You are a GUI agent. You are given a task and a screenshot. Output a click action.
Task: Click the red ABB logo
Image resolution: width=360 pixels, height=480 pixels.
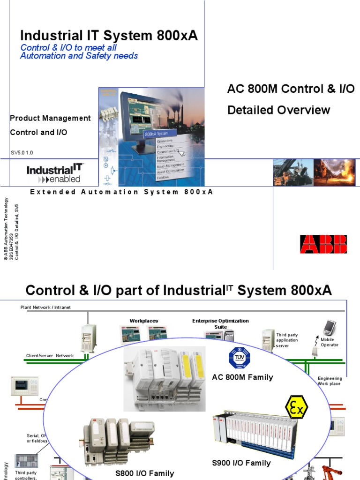point(323,244)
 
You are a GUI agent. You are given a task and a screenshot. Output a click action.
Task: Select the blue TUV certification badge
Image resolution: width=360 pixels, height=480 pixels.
point(239,359)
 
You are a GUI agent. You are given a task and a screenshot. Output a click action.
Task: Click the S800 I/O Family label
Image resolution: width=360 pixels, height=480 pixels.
point(144,473)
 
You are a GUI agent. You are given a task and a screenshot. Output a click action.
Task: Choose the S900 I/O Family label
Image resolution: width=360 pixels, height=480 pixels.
point(241,463)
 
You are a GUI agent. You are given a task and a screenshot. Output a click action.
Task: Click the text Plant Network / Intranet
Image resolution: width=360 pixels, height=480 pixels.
point(45,307)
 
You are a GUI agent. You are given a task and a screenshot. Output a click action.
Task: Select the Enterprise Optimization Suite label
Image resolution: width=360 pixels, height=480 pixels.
point(220,323)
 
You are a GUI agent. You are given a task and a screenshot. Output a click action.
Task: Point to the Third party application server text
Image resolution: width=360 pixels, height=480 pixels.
point(287,340)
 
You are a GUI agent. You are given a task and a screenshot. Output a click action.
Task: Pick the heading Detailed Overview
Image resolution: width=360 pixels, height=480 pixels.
point(278,110)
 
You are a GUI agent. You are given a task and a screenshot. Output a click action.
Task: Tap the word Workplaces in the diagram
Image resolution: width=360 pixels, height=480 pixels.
point(144,321)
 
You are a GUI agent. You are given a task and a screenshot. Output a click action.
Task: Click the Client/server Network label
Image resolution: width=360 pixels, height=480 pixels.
point(50,356)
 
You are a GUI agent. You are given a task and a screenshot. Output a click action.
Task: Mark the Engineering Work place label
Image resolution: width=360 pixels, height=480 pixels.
point(330,381)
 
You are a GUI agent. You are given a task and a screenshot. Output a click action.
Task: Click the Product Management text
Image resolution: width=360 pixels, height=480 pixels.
point(51,118)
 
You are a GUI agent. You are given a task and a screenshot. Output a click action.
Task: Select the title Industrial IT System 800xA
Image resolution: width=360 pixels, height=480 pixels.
point(109,36)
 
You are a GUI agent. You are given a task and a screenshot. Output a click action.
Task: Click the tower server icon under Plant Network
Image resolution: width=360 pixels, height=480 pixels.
point(89,338)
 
